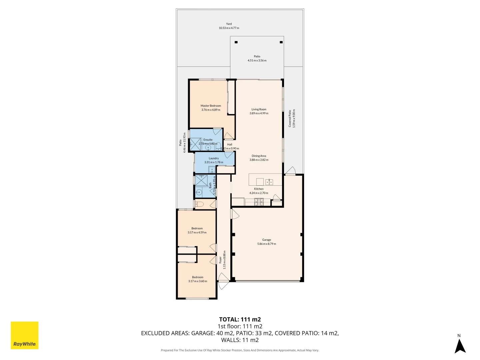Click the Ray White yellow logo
point(25,335)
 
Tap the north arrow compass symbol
point(460,345)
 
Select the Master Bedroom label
point(211,106)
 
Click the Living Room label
point(259,109)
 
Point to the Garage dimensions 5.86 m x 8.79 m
point(266,244)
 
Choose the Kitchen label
point(259,189)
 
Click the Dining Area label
point(259,156)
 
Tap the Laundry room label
point(214,158)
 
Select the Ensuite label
point(208,140)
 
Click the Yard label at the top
point(229,24)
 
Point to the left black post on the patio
point(236,42)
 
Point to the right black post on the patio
point(281,42)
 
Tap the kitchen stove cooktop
point(259,202)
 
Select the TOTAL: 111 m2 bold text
point(240,319)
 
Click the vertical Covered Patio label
point(290,119)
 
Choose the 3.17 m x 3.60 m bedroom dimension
point(198,281)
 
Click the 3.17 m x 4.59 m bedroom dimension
point(197,233)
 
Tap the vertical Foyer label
point(220,260)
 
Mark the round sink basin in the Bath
point(199,192)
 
